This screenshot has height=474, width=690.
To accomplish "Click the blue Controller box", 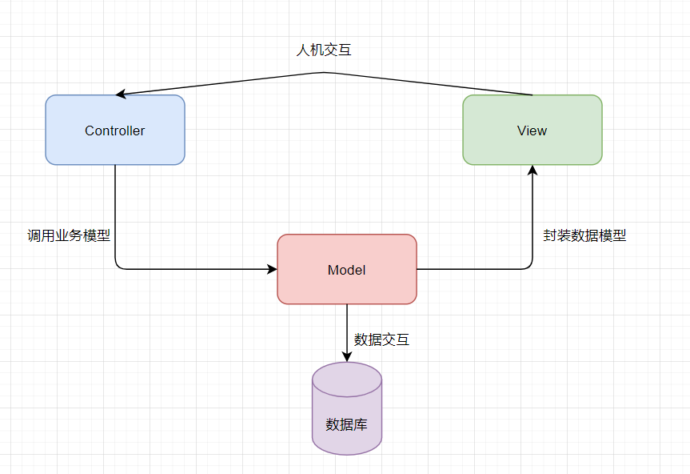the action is coord(115,130).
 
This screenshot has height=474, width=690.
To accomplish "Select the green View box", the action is coord(532,130).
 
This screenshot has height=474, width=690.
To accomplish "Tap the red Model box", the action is coord(347,269).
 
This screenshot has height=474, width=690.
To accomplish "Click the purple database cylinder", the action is coord(347,408).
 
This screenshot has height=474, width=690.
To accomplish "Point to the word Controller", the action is coord(115,131).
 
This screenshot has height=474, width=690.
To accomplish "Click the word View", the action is coord(532,131).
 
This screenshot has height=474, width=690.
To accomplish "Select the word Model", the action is coord(347,270).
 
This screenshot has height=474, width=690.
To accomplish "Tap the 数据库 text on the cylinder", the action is coord(347,424).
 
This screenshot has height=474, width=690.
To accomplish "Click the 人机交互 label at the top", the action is coord(324,50).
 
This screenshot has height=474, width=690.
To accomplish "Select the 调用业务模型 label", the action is coord(69,235).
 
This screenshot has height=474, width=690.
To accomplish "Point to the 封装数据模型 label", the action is coord(584,235).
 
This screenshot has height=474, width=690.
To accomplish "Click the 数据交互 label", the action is coord(382,339).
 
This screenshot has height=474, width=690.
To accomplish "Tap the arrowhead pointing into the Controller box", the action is coord(121,94).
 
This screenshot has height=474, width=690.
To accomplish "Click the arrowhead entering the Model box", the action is coord(273,269).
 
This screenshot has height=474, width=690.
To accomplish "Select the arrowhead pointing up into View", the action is coord(532,170).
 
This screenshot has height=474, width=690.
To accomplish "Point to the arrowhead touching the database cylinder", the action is coord(347,357).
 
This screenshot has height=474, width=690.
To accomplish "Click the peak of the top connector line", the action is coord(324,72).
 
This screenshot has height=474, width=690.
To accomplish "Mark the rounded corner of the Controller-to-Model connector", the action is coord(118,266).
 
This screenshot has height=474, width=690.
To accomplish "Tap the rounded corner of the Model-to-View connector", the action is coord(529,266).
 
